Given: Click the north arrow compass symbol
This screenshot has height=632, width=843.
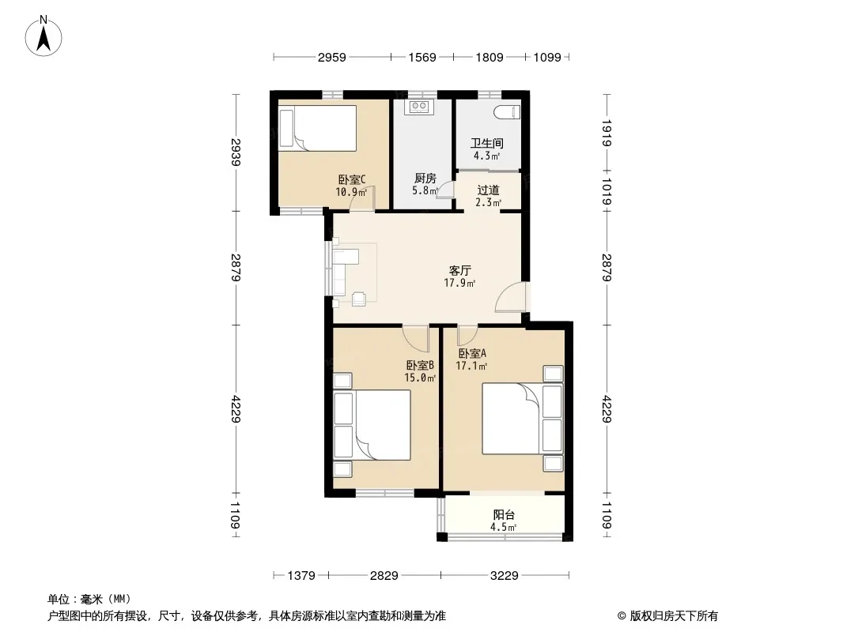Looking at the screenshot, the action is click(43, 36).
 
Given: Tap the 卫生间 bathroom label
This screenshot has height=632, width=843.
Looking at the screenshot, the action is click(487, 143).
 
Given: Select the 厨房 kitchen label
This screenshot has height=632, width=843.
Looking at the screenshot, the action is click(425, 179).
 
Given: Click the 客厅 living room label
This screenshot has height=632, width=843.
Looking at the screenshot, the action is click(459, 270).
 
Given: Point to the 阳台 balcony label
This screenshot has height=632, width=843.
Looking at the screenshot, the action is click(504, 514).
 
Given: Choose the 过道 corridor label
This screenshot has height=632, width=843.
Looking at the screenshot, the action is click(488, 190).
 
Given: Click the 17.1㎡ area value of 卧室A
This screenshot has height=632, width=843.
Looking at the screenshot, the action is click(471, 367).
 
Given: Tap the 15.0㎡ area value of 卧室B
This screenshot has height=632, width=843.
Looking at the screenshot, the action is click(420, 378).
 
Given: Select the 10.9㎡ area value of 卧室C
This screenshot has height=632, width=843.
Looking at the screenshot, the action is click(351, 192).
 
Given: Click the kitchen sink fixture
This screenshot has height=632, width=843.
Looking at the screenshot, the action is click(419, 107).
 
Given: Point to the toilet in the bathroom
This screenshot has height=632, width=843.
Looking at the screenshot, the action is click(508, 111).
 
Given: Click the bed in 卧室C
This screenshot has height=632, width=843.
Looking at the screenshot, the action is click(318, 128).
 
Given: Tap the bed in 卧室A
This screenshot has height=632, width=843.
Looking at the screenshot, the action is click(523, 418).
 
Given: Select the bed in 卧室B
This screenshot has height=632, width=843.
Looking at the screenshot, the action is click(372, 425).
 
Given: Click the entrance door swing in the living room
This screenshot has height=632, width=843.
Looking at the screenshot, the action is click(511, 297).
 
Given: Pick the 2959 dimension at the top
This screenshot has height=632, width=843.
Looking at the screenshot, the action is click(331, 58).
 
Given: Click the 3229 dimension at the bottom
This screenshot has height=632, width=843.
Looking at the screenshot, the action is click(505, 576).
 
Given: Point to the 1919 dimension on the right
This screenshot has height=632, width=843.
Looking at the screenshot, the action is click(607, 134).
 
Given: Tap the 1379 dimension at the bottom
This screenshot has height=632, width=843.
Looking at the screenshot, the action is click(301, 576).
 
